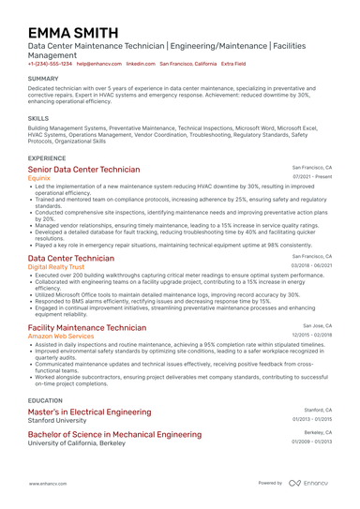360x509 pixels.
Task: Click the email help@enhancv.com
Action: click(x=98, y=64)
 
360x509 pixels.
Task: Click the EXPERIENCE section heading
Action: click(x=47, y=158)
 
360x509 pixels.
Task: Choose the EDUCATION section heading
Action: click(x=46, y=398)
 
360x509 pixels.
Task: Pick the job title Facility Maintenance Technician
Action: click(x=86, y=326)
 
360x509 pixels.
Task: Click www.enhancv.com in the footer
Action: click(x=45, y=483)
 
